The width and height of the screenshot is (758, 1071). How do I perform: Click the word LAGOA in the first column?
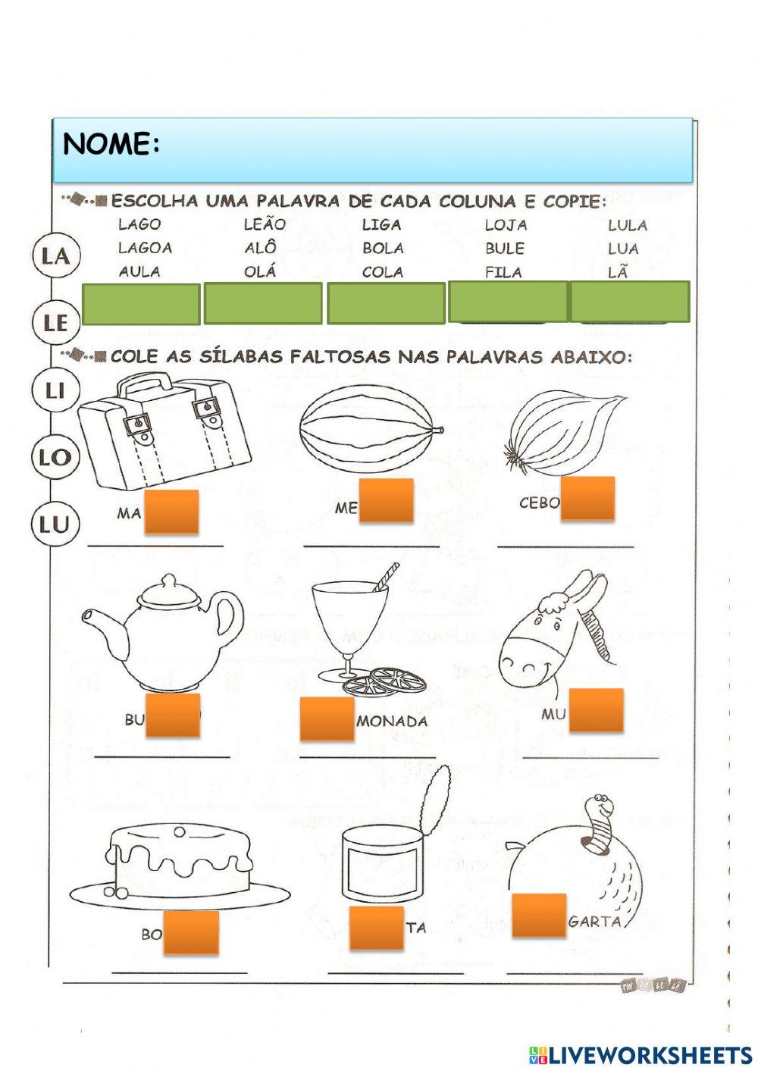(145, 248)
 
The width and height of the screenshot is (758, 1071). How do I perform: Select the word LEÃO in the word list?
(265, 224)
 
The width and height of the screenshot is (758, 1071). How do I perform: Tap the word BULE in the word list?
(505, 249)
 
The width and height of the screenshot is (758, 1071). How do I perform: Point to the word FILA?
(503, 272)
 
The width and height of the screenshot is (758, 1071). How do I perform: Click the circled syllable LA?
(55, 255)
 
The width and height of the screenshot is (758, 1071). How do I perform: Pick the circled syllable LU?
(55, 524)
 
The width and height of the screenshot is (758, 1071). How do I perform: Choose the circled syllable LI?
(55, 390)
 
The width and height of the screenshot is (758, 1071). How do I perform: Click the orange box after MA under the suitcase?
(171, 511)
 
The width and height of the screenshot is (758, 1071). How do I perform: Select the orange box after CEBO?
(587, 498)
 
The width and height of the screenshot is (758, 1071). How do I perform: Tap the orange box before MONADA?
(327, 719)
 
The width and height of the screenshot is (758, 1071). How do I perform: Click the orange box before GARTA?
(539, 915)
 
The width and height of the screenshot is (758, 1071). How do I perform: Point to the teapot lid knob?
(168, 582)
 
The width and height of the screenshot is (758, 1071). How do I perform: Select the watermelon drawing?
(369, 428)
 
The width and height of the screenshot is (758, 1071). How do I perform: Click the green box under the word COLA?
(386, 303)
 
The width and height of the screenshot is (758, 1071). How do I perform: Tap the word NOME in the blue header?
(111, 144)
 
